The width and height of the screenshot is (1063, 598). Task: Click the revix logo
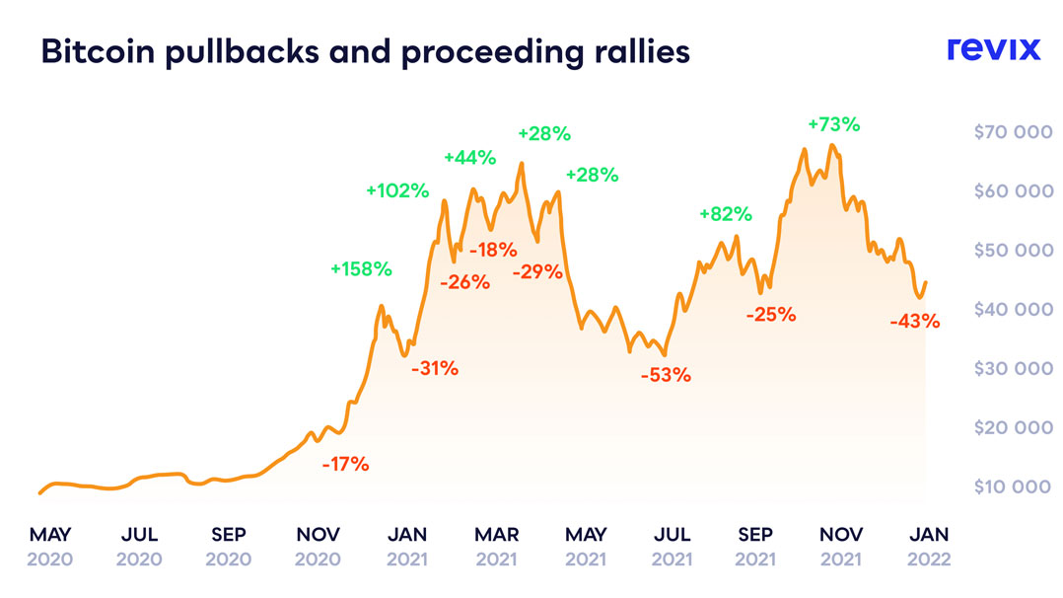pyautogui.click(x=993, y=48)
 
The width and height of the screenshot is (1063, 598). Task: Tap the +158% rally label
pyautogui.click(x=361, y=268)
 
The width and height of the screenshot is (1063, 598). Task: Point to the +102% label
pyautogui.click(x=397, y=191)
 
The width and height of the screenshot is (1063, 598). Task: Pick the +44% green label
pyautogui.click(x=469, y=157)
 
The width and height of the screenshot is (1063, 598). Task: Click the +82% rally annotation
pyautogui.click(x=726, y=213)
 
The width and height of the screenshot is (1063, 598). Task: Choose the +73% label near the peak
pyautogui.click(x=833, y=125)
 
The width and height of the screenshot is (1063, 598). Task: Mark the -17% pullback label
pyautogui.click(x=345, y=464)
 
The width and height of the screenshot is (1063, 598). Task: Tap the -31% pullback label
pyautogui.click(x=435, y=368)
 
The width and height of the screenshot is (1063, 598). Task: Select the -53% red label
pyautogui.click(x=666, y=375)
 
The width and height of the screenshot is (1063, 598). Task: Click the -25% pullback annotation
pyautogui.click(x=771, y=316)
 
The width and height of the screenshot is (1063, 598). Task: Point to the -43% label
pyautogui.click(x=914, y=321)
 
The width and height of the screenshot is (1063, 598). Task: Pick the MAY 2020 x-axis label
pyautogui.click(x=50, y=547)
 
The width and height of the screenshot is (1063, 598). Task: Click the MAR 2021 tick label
pyautogui.click(x=496, y=547)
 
